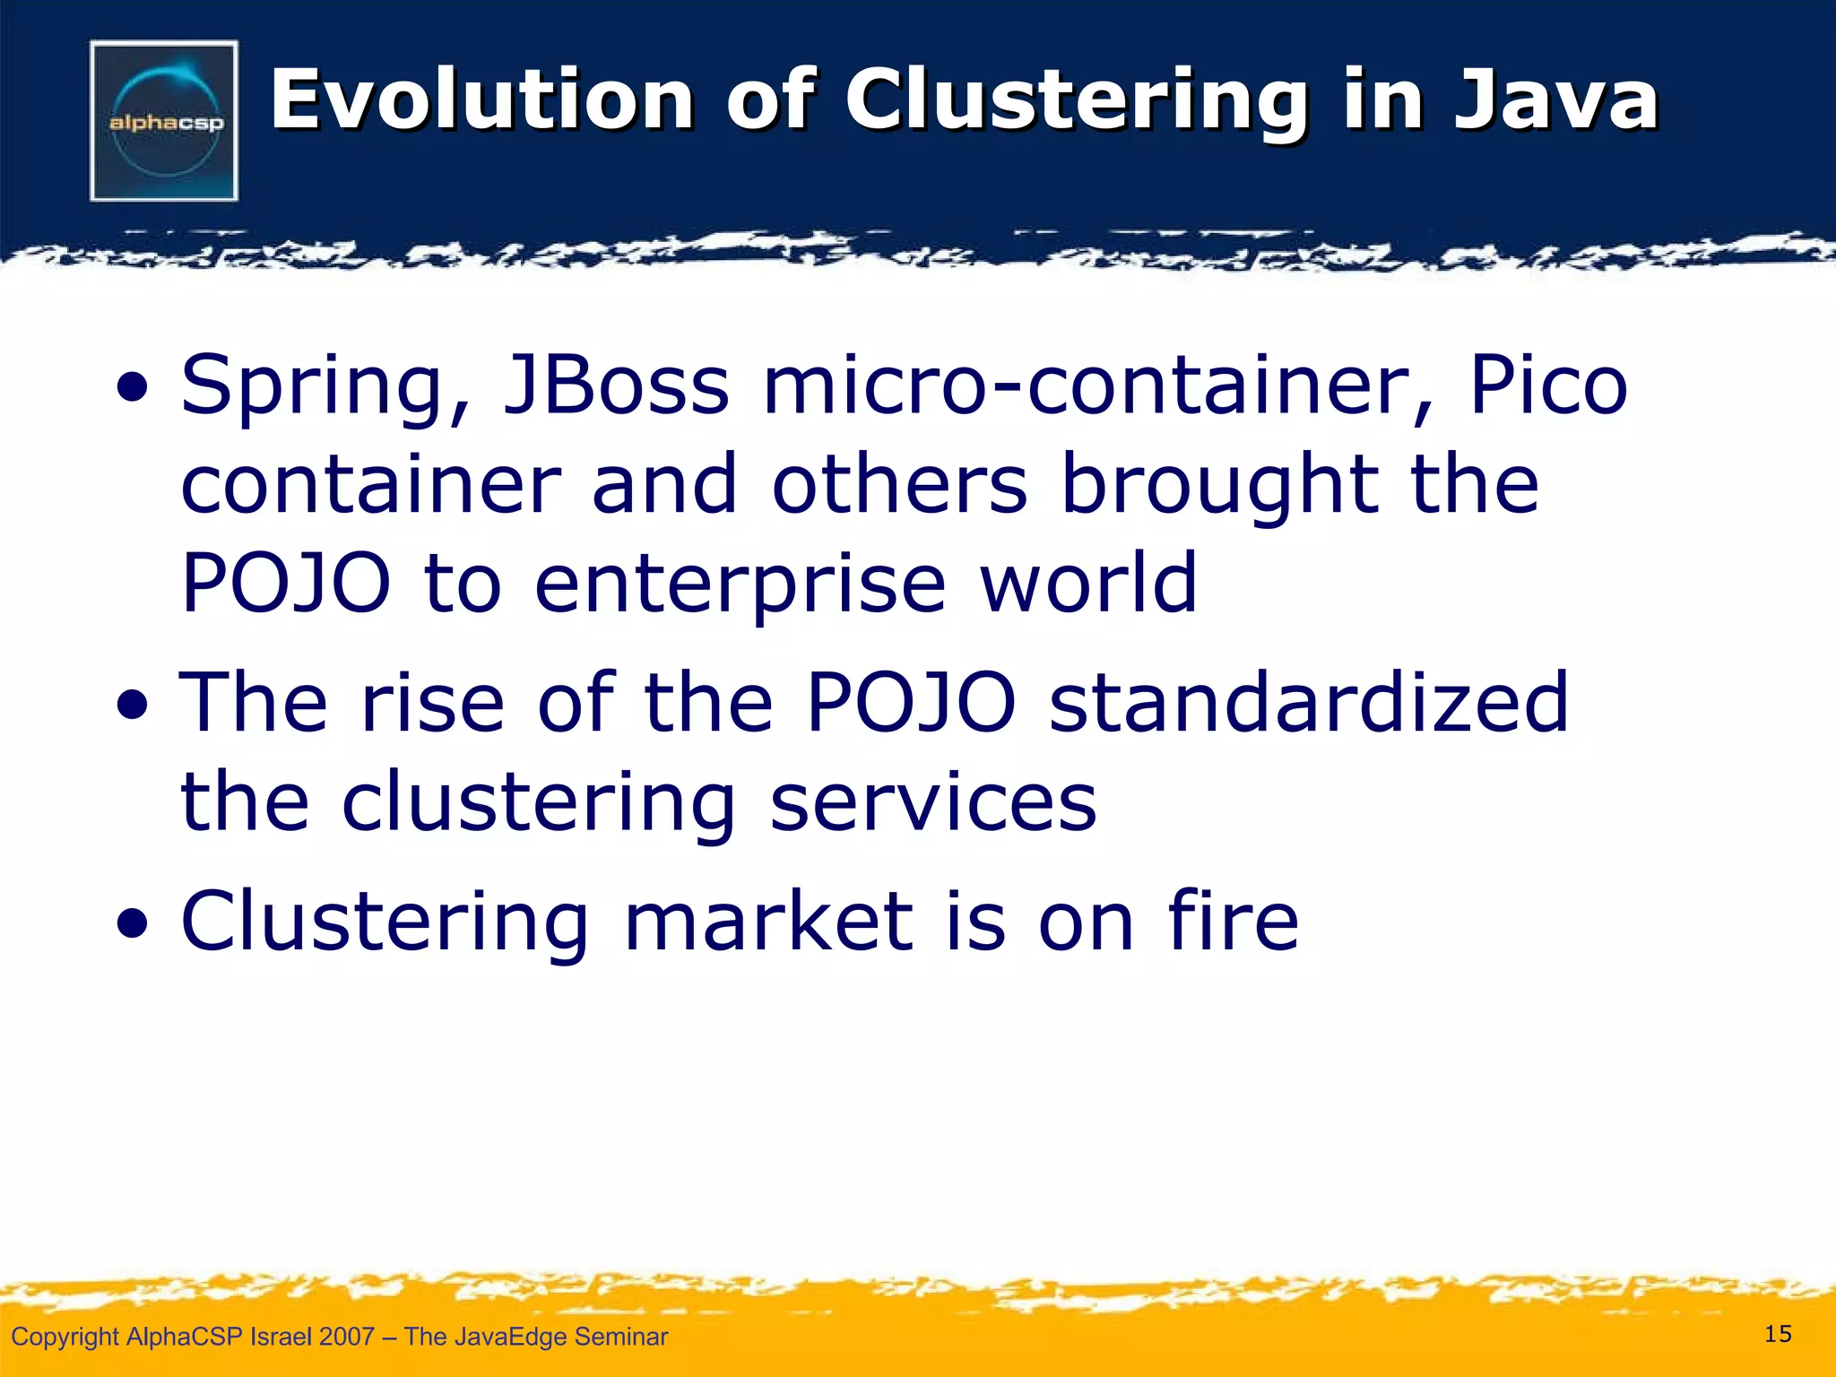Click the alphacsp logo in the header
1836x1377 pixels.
click(x=164, y=121)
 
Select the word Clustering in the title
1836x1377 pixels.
click(x=1077, y=100)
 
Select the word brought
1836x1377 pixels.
click(x=1219, y=486)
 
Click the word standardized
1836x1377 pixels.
click(x=1309, y=703)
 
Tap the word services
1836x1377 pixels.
click(x=932, y=801)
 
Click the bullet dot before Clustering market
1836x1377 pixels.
click(x=133, y=927)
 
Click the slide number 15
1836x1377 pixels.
click(x=1778, y=1334)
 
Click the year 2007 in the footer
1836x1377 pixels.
click(x=347, y=1337)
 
